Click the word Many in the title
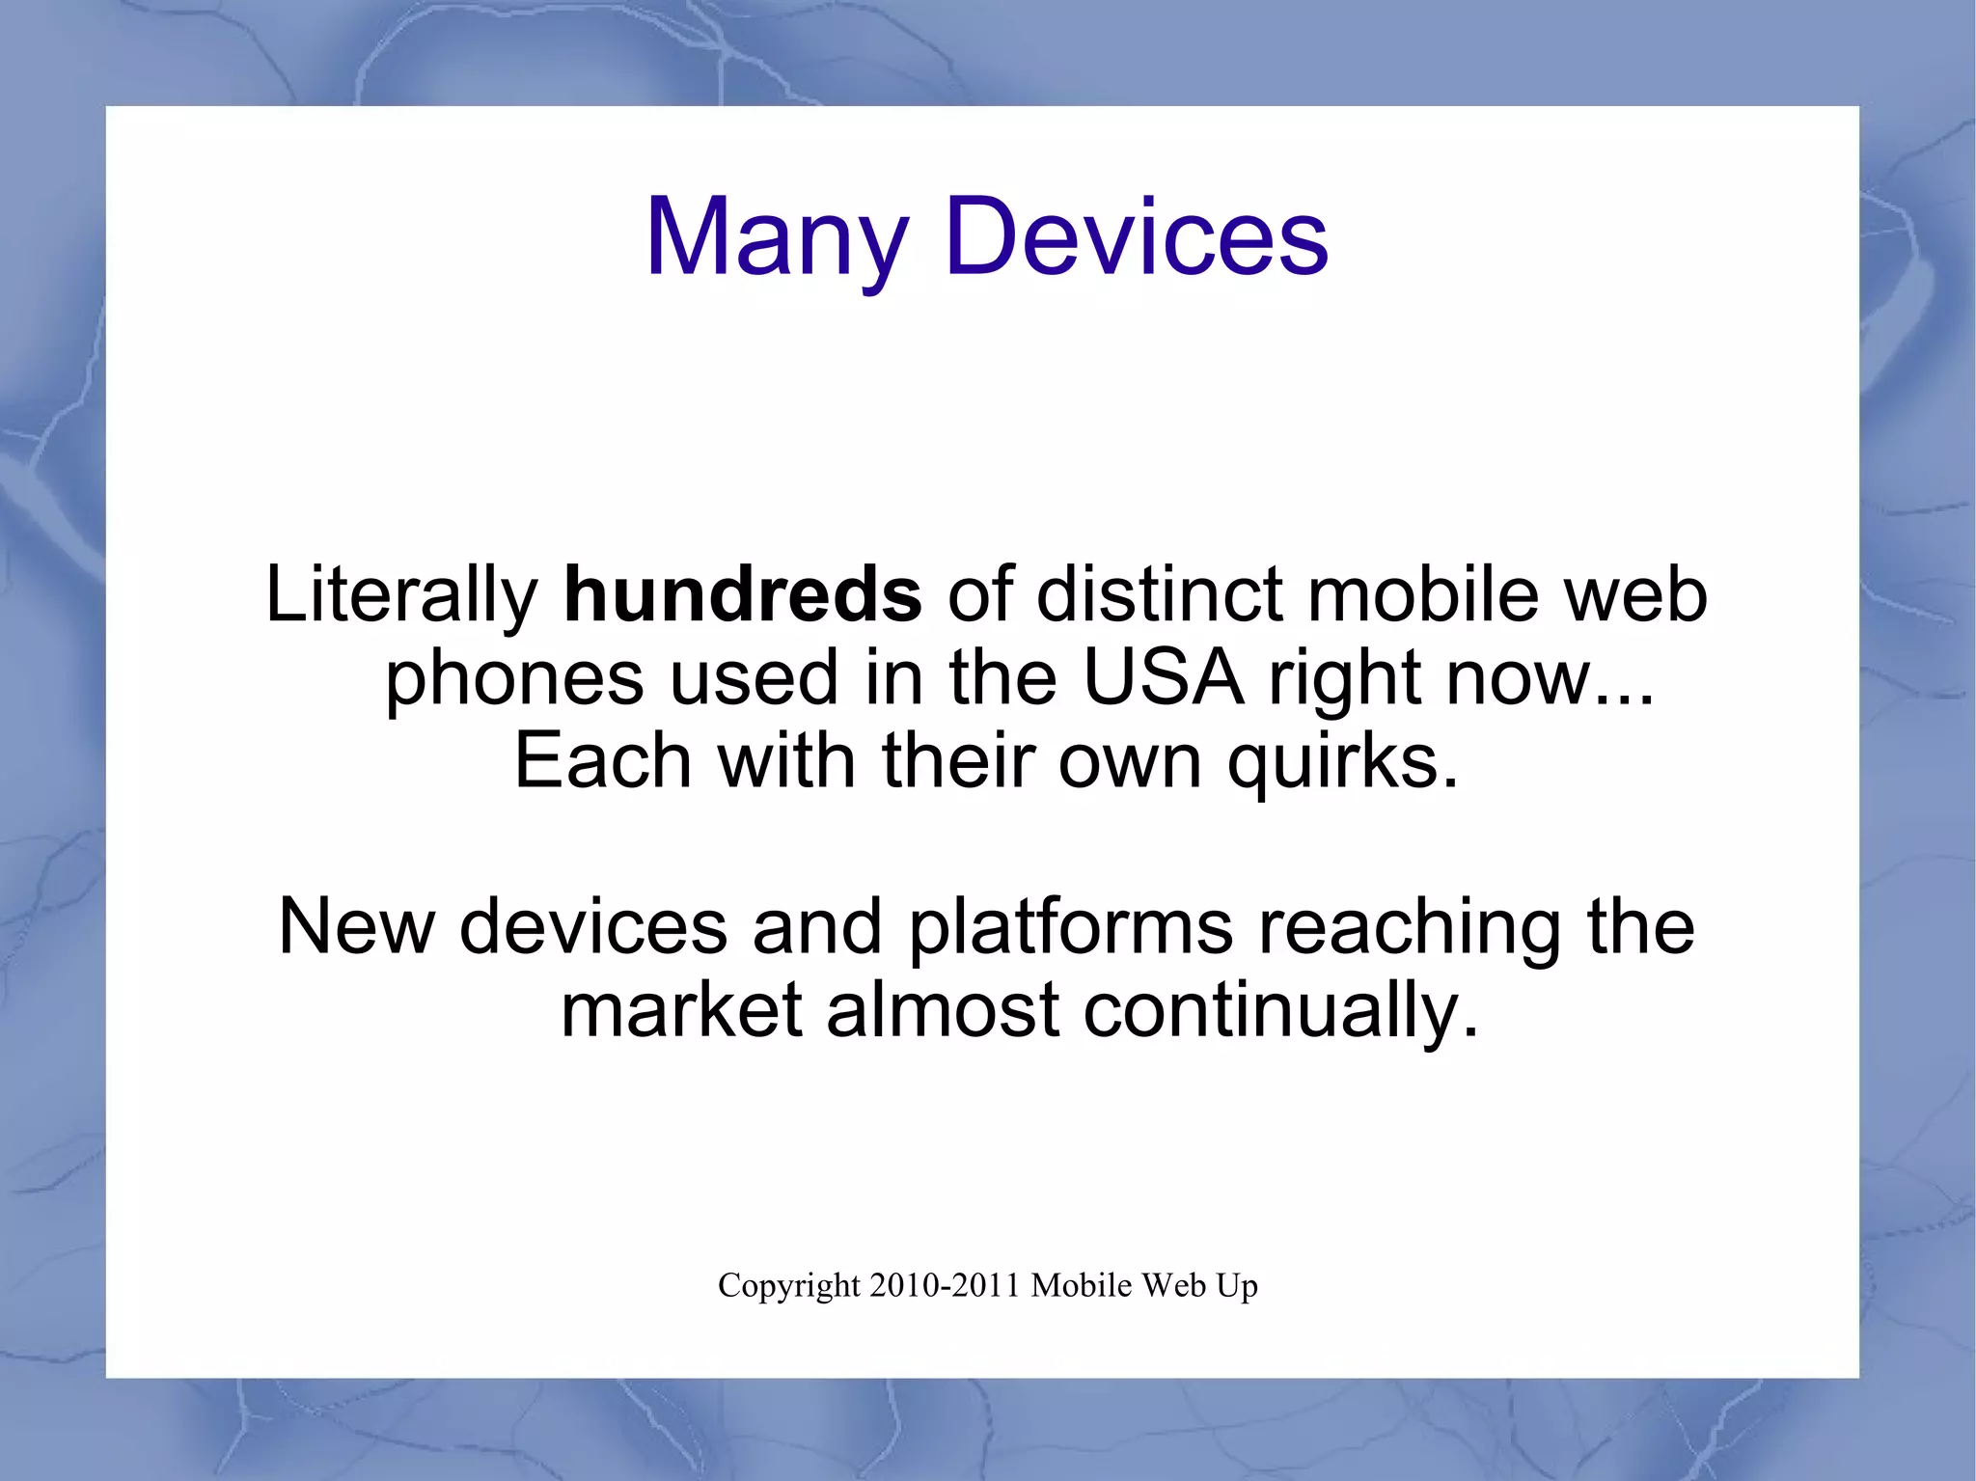[777, 238]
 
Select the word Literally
[401, 596]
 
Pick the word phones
[513, 679]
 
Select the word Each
[603, 761]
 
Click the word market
[681, 1010]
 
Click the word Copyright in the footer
[788, 1287]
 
